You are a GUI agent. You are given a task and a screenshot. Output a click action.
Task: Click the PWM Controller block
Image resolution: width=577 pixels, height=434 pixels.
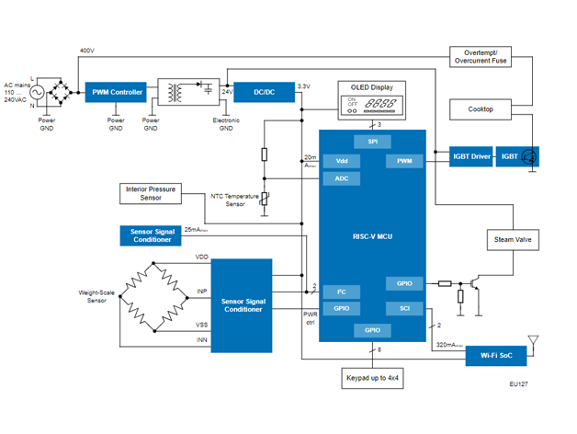pyautogui.click(x=116, y=92)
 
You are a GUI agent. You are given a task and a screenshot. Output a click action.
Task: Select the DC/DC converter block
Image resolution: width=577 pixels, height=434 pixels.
pyautogui.click(x=264, y=92)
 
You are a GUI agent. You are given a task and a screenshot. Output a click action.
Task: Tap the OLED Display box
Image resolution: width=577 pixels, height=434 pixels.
pyautogui.click(x=371, y=98)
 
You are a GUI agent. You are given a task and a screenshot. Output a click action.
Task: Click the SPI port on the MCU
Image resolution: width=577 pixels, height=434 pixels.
pyautogui.click(x=371, y=142)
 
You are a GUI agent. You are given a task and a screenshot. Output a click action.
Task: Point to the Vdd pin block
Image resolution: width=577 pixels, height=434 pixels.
pyautogui.click(x=341, y=161)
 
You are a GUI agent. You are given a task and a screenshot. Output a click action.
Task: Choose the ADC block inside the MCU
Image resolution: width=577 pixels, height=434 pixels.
pyautogui.click(x=341, y=178)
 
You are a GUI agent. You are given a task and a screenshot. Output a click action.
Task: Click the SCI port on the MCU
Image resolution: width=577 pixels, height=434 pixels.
pyautogui.click(x=404, y=308)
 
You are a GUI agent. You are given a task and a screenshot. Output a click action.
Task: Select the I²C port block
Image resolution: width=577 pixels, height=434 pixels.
pyautogui.click(x=341, y=291)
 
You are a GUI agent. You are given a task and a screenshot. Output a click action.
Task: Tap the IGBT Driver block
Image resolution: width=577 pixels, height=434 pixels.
pyautogui.click(x=471, y=157)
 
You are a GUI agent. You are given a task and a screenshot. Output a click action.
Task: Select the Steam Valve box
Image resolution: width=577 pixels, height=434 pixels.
pyautogui.click(x=513, y=240)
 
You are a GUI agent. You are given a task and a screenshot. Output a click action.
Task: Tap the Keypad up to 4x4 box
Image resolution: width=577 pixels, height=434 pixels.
pyautogui.click(x=371, y=378)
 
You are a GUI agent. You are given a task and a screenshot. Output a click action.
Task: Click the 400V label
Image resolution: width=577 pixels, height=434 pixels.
pyautogui.click(x=87, y=50)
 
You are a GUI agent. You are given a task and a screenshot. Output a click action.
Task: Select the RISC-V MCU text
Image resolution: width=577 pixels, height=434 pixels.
pyautogui.click(x=371, y=235)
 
